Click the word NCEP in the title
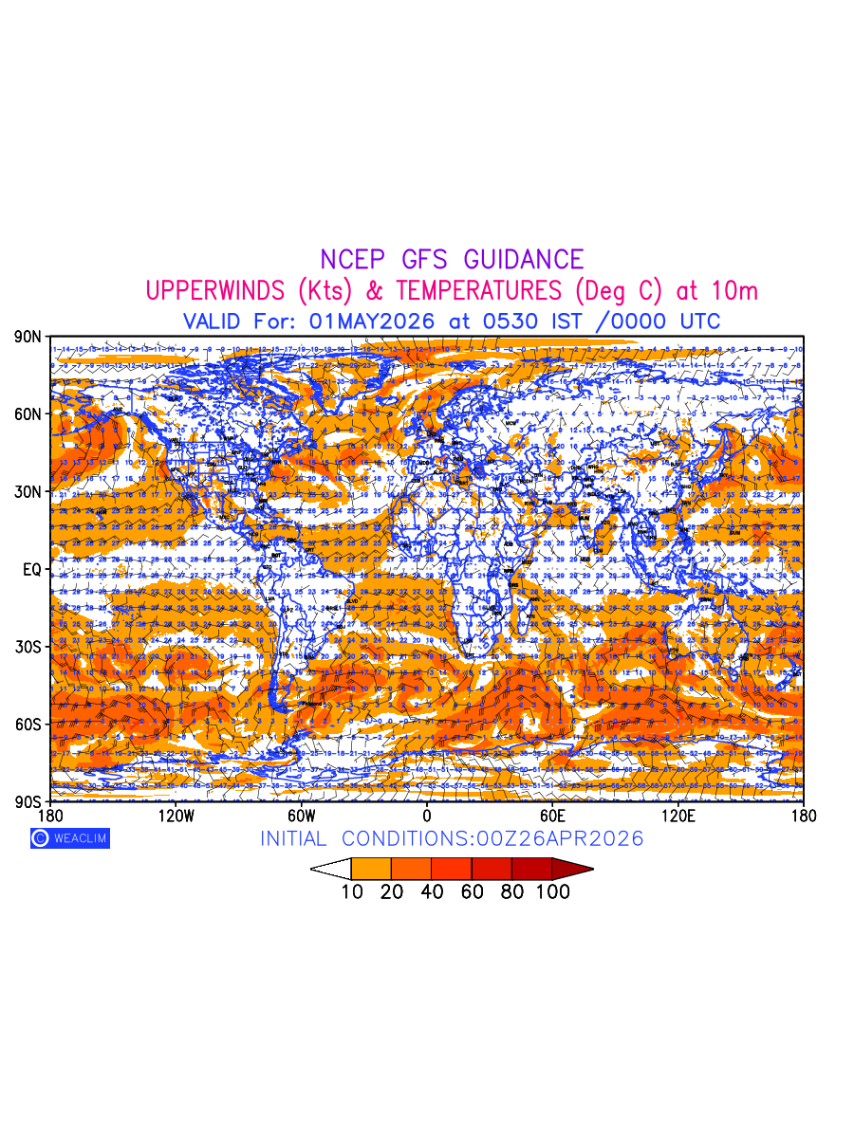click(355, 260)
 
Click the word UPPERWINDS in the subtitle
click(213, 290)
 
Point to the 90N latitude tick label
click(28, 337)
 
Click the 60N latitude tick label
click(28, 414)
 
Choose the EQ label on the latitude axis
click(31, 570)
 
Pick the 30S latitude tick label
click(28, 647)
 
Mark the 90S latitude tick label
click(28, 802)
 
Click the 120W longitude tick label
click(176, 816)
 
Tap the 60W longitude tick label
click(301, 816)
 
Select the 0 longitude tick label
click(427, 816)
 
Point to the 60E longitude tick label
click(552, 816)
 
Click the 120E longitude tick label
click(678, 816)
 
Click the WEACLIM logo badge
click(69, 838)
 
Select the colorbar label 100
click(552, 892)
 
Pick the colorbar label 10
click(352, 892)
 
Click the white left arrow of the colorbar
click(331, 869)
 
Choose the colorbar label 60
click(472, 892)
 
